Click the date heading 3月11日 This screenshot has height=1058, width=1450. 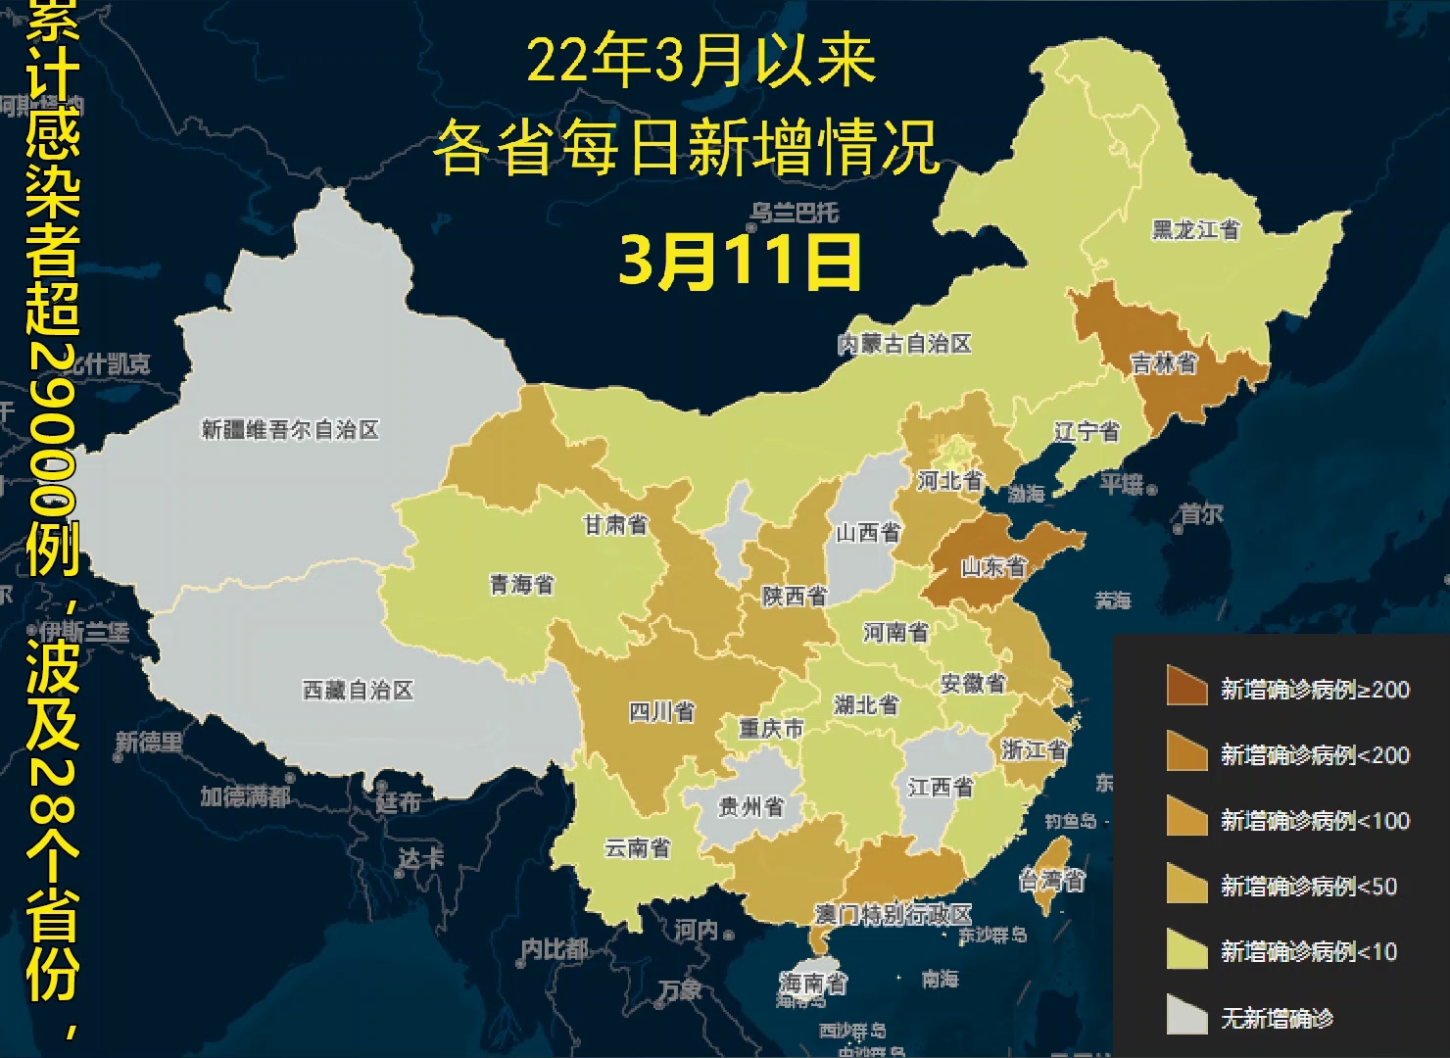(740, 262)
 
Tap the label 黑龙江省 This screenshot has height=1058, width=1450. (1195, 230)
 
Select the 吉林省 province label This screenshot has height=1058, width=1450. (1164, 364)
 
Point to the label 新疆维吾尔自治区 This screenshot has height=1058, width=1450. (290, 430)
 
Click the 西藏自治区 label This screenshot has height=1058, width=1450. (358, 691)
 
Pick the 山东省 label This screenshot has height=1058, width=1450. (992, 566)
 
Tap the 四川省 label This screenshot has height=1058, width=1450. (662, 712)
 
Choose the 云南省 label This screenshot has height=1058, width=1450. (637, 847)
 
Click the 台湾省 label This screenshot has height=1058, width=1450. (1052, 881)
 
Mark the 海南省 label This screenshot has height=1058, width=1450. (813, 982)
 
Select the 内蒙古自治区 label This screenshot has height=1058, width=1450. (904, 344)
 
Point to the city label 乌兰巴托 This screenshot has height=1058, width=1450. (795, 212)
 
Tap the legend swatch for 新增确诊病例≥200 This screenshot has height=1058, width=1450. (1186, 687)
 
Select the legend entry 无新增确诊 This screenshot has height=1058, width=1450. (1277, 1019)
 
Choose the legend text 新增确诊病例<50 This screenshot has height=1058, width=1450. (1309, 887)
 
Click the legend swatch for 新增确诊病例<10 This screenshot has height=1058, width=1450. (1186, 950)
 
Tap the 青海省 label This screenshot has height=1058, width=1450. (522, 585)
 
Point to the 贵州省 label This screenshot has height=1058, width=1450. (751, 807)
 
